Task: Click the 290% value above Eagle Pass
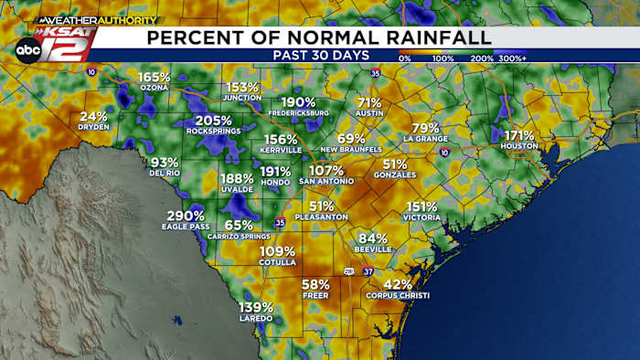click(x=186, y=216)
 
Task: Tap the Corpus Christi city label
click(x=397, y=295)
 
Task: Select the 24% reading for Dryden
click(x=93, y=116)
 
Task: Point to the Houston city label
click(x=518, y=146)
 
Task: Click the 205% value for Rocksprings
click(x=213, y=121)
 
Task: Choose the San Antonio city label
click(x=325, y=181)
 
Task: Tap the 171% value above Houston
click(x=518, y=135)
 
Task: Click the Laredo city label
click(x=256, y=318)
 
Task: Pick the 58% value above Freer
click(x=315, y=284)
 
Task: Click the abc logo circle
click(x=27, y=50)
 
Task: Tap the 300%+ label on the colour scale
click(x=512, y=58)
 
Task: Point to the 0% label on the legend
click(x=404, y=58)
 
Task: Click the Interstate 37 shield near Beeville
click(x=368, y=270)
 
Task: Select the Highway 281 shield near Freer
click(x=348, y=270)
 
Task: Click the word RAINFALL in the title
click(x=433, y=37)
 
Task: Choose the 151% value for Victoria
click(x=421, y=206)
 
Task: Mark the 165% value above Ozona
click(x=155, y=77)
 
